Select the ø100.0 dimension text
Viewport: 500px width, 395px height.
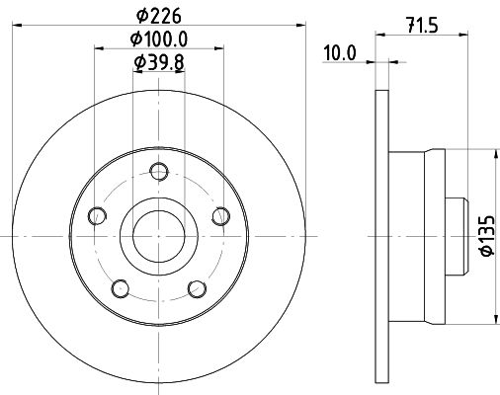tap(159, 39)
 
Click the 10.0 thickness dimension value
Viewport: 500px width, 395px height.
tap(339, 53)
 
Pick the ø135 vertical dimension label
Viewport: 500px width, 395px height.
tap(486, 237)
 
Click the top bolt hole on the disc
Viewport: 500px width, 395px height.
tap(158, 170)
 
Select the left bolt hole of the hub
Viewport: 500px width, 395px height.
tap(96, 215)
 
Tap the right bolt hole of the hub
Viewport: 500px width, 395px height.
tap(221, 215)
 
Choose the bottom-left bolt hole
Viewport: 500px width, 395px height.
tap(120, 287)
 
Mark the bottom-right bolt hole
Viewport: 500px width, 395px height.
tap(197, 287)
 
